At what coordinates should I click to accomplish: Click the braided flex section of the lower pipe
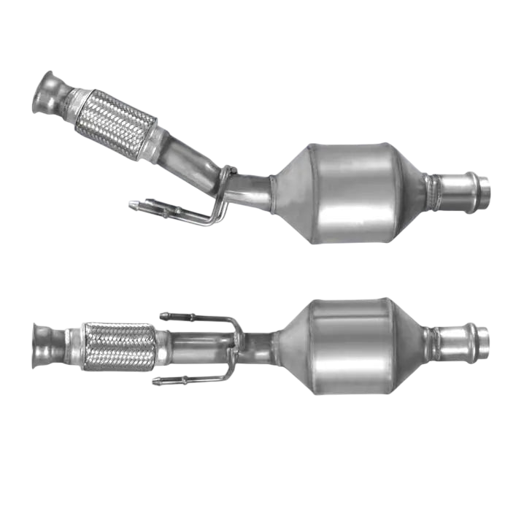click(120, 347)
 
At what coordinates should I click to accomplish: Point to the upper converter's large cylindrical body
click(353, 193)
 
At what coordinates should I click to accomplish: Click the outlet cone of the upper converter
click(412, 192)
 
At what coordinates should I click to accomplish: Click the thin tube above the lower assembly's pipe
click(197, 318)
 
